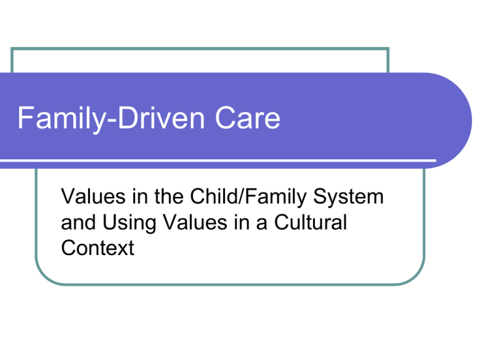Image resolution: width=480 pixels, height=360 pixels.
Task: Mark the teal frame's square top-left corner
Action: [x=12, y=49]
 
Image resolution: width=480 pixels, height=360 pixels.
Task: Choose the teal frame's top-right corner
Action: [x=388, y=49]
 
